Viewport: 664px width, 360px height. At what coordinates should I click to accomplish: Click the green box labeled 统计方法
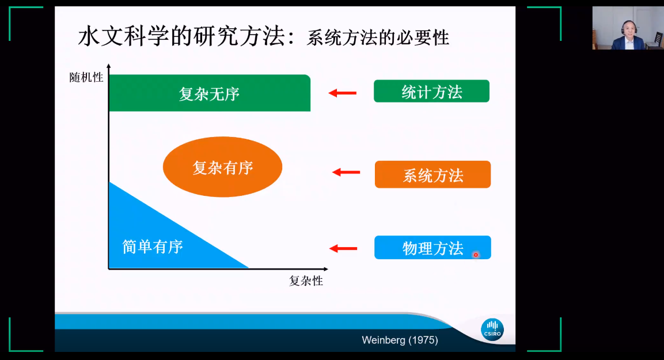click(431, 91)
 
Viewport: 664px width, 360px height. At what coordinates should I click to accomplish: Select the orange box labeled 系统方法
click(432, 175)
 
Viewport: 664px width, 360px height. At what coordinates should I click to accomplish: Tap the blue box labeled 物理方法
click(432, 248)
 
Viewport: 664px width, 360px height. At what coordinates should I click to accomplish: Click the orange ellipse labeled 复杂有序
click(222, 167)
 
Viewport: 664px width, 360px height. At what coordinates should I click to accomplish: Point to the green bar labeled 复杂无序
click(209, 93)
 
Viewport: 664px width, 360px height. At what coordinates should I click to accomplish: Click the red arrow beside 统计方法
click(343, 93)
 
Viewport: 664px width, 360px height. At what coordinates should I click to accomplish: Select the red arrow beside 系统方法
click(346, 172)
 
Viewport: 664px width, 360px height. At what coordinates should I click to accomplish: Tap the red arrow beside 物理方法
click(343, 248)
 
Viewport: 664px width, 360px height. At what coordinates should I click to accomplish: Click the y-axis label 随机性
click(86, 77)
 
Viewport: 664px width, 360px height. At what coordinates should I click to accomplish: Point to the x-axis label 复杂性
click(306, 281)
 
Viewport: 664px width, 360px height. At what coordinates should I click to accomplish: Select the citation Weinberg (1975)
click(400, 340)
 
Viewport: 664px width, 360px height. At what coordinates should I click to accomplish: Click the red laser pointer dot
click(476, 255)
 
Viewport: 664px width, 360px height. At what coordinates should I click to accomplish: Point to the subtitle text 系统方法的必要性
click(378, 38)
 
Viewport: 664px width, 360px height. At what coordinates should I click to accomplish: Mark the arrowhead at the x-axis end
click(325, 269)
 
